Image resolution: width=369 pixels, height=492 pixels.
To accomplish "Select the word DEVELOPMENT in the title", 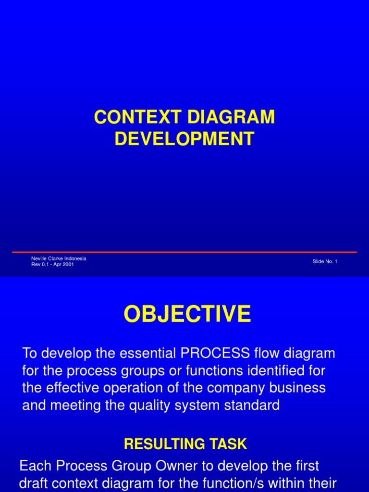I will pyautogui.click(x=184, y=139).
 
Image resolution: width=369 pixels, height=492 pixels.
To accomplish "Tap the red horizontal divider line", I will pyautogui.click(x=184, y=252).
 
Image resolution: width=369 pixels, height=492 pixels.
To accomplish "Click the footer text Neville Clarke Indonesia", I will pyautogui.click(x=59, y=258).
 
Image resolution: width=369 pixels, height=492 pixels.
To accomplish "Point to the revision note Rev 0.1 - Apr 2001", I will pyautogui.click(x=52, y=264).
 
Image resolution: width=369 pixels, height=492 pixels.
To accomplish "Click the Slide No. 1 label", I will pyautogui.click(x=325, y=261).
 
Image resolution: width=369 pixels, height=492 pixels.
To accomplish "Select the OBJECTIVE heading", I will pyautogui.click(x=187, y=315).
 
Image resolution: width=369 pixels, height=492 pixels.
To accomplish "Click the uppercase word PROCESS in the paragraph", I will pyautogui.click(x=215, y=354).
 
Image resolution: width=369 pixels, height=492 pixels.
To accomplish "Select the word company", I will pyautogui.click(x=234, y=388).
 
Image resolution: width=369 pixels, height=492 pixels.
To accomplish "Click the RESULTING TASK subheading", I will pyautogui.click(x=185, y=444).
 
